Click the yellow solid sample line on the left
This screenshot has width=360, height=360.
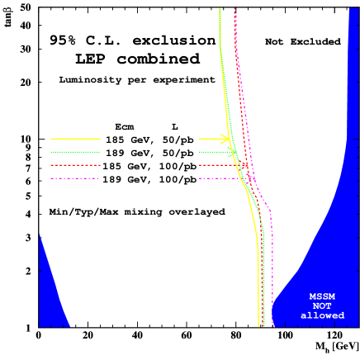(75, 139)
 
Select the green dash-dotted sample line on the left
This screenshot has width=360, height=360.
(75, 152)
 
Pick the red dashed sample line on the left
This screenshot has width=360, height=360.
(75, 165)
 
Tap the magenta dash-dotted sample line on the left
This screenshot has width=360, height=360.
(75, 178)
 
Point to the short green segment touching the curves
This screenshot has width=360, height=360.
(216, 152)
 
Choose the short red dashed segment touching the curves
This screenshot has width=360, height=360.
(221, 165)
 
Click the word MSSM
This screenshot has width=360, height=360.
(322, 296)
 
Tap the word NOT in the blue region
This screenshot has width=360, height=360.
(322, 306)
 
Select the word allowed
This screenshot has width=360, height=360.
(322, 315)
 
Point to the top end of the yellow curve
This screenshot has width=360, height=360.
(220, 9)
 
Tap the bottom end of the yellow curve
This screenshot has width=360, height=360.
(258, 325)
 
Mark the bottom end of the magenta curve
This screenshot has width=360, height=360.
(272, 325)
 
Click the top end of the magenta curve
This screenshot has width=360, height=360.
(235, 9)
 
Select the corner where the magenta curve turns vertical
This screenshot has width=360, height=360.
(271, 211)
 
